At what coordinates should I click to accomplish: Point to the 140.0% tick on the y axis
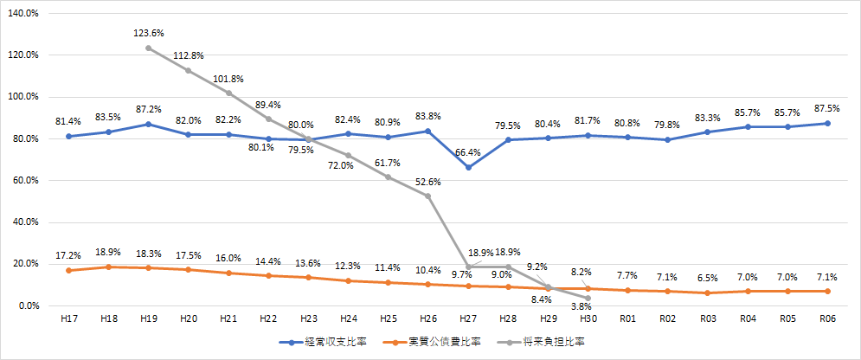[x=24, y=13]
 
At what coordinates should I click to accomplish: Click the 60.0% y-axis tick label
[x=26, y=181]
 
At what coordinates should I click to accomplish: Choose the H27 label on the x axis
[x=468, y=320]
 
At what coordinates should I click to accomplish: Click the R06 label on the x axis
[x=827, y=320]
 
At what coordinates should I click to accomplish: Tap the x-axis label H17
[x=69, y=320]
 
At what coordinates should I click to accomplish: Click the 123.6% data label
[x=149, y=33]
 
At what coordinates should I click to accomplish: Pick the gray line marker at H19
[x=149, y=48]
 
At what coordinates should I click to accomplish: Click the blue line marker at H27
[x=468, y=167]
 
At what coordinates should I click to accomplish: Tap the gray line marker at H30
[x=588, y=298]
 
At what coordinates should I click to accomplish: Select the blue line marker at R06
[x=827, y=123]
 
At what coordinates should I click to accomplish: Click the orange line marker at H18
[x=109, y=267]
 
